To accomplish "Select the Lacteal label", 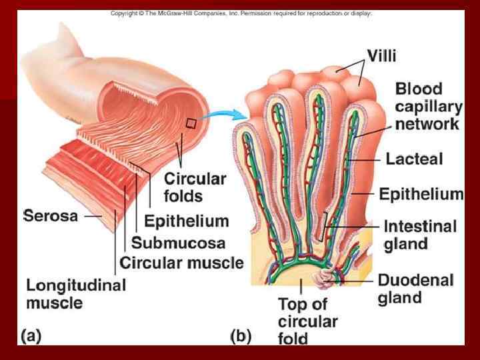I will pos(414,159).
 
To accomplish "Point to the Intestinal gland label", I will pos(420,235).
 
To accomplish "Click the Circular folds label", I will pos(195,187).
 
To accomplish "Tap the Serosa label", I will pos(51,215).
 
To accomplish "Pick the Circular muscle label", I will pos(181,263).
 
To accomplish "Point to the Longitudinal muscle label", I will pos(75,294).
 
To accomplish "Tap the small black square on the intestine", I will pos(192,123).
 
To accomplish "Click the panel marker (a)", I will pos(31,336).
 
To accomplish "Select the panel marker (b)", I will pos(241,336).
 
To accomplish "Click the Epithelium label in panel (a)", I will pos(186,221).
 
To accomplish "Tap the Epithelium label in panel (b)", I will pos(421,194).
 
